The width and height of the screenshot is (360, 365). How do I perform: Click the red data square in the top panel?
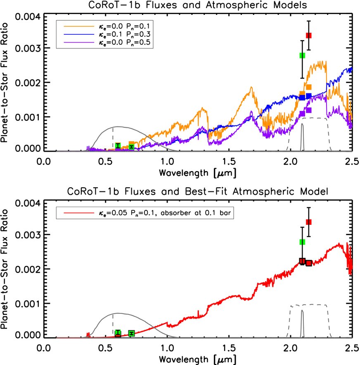(x=308, y=36)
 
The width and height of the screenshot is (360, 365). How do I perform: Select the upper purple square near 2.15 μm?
(x=308, y=110)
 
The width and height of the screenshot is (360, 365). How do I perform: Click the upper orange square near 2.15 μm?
(x=308, y=87)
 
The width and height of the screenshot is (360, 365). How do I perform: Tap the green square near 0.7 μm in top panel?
(x=131, y=146)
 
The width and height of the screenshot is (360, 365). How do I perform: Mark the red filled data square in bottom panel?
(x=308, y=222)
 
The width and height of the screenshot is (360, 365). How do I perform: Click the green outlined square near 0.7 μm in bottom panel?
(x=131, y=333)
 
